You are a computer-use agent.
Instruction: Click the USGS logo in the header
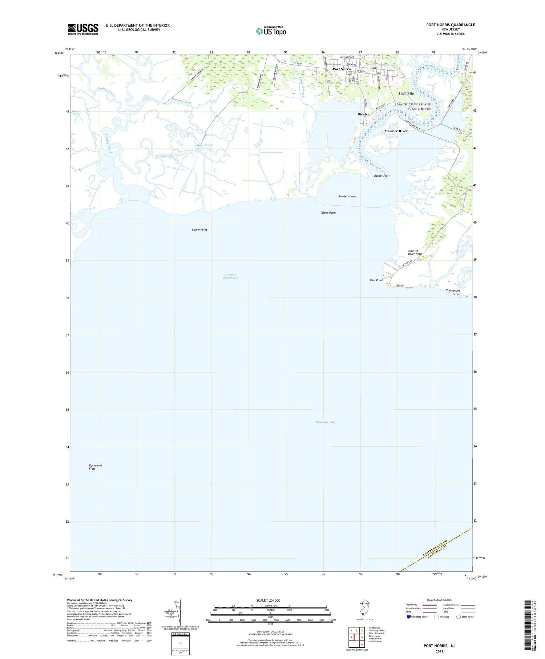point(83,29)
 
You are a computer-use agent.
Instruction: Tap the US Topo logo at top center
point(271,31)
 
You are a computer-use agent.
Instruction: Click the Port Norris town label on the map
point(342,69)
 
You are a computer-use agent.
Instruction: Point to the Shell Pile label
point(406,93)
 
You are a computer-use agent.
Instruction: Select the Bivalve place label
point(363,114)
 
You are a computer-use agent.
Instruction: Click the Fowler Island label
point(347,197)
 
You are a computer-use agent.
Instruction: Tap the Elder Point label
point(328,213)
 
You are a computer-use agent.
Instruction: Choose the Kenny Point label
point(199,230)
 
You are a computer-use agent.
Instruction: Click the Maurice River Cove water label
point(230,276)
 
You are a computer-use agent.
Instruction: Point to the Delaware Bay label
point(325,422)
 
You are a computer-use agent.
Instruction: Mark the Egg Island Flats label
point(95,467)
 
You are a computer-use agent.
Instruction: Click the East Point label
point(376,280)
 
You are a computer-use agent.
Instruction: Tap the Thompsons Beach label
point(453,292)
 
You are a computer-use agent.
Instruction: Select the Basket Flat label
point(381,176)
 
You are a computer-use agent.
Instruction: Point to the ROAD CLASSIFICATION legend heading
point(440,600)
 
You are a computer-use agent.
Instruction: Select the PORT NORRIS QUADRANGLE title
point(451,25)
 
